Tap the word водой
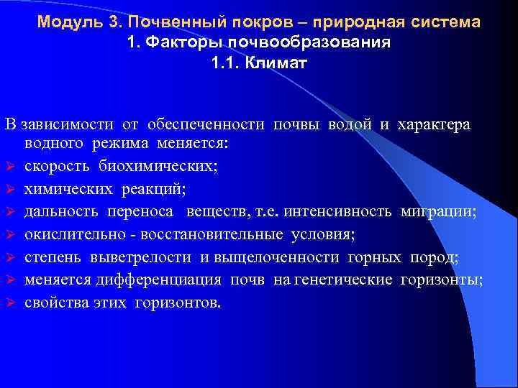tap(350, 125)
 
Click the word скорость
tap(53, 166)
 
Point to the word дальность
tap(61, 212)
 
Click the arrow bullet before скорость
tap(10, 167)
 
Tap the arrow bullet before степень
tap(10, 258)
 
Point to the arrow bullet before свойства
tap(10, 303)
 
